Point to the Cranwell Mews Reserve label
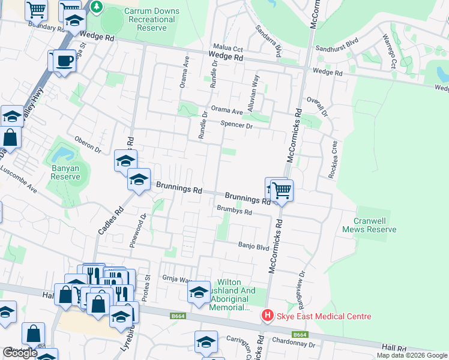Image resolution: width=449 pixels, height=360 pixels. (x=369, y=225)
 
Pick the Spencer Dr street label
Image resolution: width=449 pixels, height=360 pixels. (x=237, y=125)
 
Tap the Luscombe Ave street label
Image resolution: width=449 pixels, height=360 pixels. (x=19, y=178)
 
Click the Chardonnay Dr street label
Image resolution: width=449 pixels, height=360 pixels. (x=294, y=344)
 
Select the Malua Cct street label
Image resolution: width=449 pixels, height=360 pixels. (x=229, y=47)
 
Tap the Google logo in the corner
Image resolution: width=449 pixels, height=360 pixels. (x=20, y=353)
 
